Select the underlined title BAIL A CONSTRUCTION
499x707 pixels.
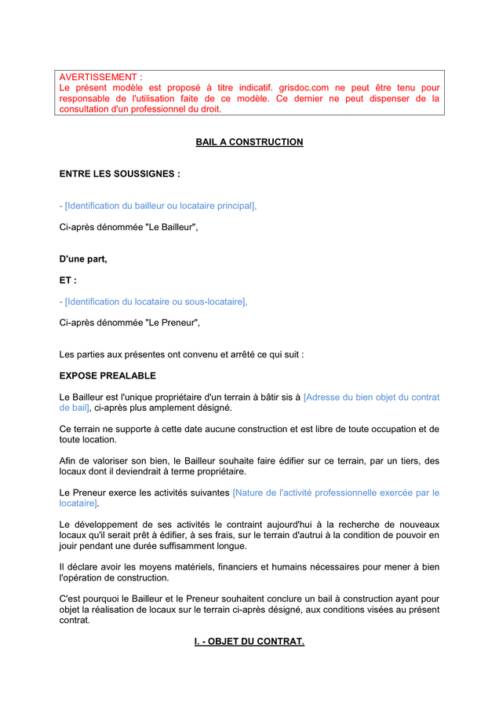pyautogui.click(x=249, y=142)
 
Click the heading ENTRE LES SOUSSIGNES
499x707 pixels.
pyautogui.click(x=119, y=174)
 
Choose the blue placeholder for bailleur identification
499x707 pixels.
pyautogui.click(x=158, y=206)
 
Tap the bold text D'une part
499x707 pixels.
pyautogui.click(x=83, y=258)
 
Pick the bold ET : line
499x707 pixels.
pyautogui.click(x=68, y=280)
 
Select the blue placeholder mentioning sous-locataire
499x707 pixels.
pyautogui.click(x=153, y=302)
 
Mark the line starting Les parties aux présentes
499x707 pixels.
pyautogui.click(x=181, y=354)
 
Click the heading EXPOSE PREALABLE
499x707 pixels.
pyautogui.click(x=107, y=375)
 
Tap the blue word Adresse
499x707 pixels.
pyautogui.click(x=325, y=397)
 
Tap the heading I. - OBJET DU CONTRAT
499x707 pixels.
pyautogui.click(x=249, y=642)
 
